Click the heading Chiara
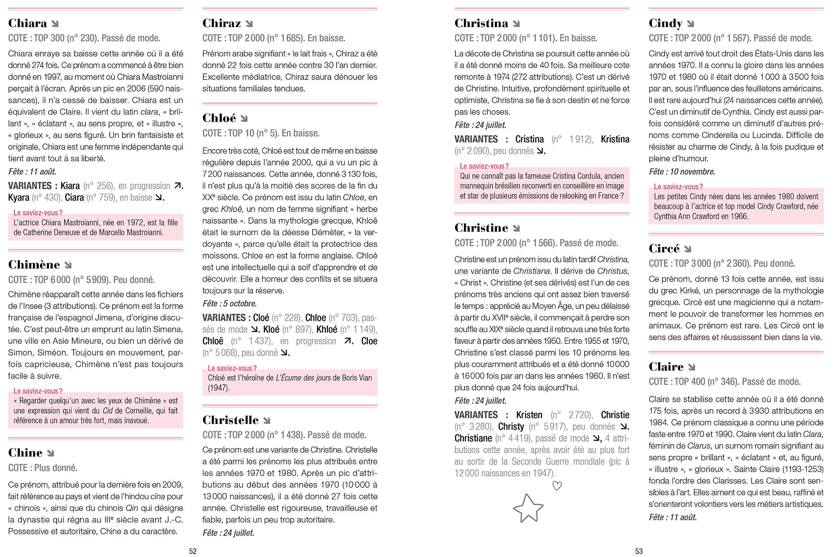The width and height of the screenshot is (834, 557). [27, 23]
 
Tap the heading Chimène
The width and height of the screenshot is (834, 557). [34, 265]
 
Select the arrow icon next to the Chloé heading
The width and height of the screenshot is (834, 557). [244, 118]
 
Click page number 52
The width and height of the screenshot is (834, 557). [193, 551]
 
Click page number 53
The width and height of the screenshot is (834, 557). [639, 551]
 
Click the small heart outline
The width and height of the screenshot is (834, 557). [557, 486]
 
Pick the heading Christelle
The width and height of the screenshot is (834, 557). [230, 420]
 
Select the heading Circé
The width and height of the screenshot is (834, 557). [664, 249]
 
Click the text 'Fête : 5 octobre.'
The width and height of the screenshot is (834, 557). [229, 304]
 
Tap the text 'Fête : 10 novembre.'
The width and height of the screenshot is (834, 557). [682, 172]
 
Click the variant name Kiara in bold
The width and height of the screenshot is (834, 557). [70, 186]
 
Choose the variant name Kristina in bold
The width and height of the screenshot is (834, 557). [615, 139]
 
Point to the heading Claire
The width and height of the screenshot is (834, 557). [666, 367]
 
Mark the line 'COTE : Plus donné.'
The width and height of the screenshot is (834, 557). [43, 468]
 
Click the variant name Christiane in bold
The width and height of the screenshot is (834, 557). [473, 439]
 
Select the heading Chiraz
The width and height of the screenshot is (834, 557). [222, 23]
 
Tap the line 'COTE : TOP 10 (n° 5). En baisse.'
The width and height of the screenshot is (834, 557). [261, 133]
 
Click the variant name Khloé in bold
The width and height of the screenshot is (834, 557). [326, 330]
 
